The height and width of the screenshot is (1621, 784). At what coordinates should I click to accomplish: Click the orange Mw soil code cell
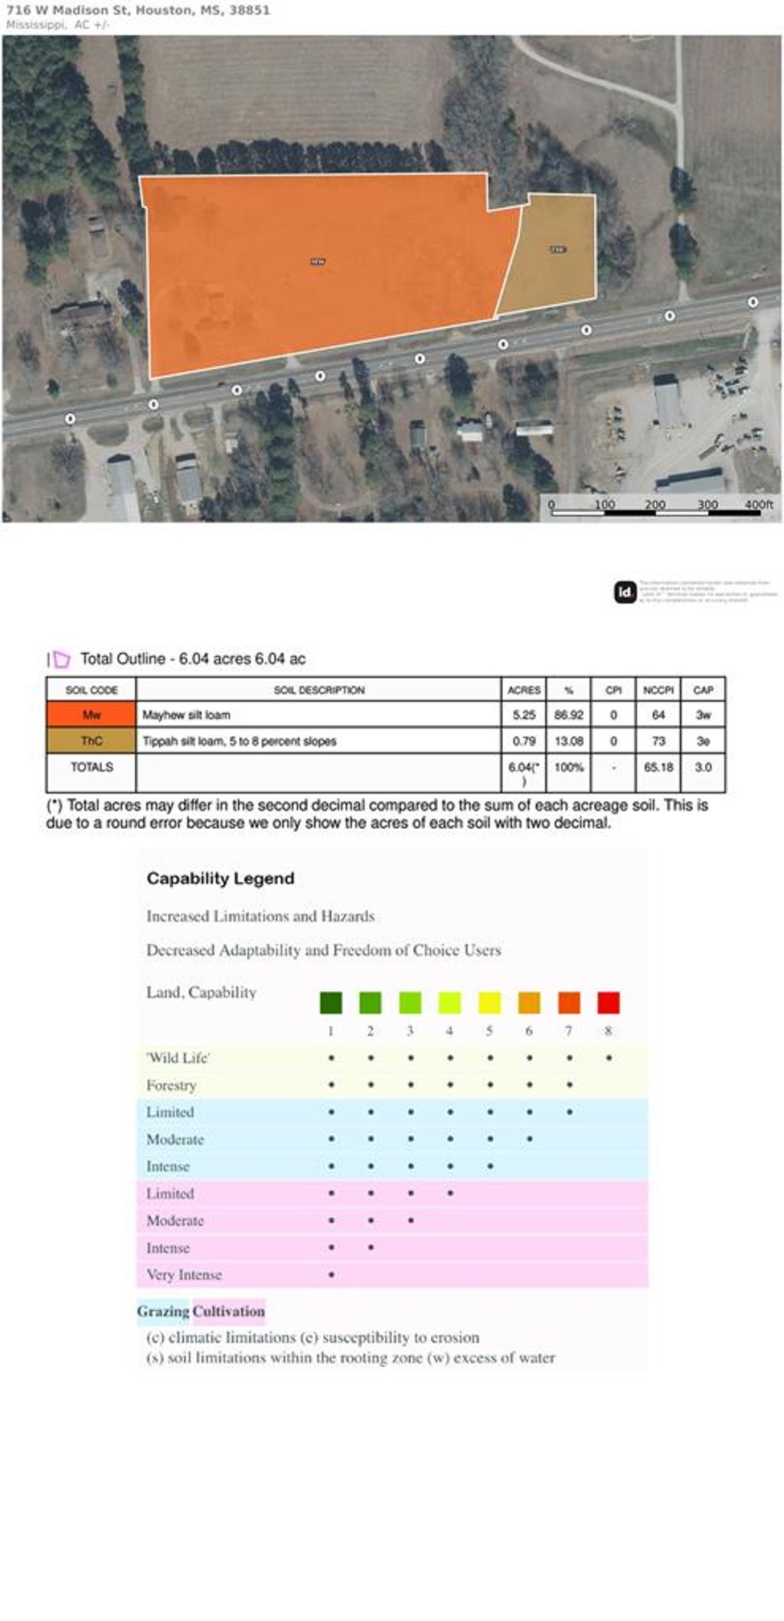click(91, 715)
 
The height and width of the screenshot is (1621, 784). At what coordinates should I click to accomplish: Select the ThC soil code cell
click(91, 741)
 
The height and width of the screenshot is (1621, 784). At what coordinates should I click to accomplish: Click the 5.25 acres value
click(524, 715)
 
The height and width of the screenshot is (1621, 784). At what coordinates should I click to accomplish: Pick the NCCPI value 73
click(658, 741)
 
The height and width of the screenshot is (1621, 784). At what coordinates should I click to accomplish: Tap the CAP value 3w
click(703, 715)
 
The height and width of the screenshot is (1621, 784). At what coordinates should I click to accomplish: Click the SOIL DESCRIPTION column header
click(318, 690)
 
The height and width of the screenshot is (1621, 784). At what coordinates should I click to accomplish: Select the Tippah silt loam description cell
click(240, 741)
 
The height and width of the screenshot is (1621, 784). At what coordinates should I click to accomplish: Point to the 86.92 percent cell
click(569, 715)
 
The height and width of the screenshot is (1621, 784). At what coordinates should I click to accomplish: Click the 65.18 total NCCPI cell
click(658, 767)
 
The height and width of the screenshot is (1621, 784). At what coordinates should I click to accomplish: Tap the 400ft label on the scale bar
click(759, 504)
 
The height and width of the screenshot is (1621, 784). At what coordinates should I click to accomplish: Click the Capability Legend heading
click(220, 878)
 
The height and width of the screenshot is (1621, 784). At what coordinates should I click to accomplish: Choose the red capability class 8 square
click(609, 1003)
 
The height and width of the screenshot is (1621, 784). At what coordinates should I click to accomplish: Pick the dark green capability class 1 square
click(331, 1003)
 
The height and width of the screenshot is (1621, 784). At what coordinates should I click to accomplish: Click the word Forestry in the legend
click(171, 1085)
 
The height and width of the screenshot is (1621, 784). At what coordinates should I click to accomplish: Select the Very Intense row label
click(184, 1274)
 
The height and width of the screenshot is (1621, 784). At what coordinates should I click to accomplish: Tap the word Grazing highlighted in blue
click(163, 1311)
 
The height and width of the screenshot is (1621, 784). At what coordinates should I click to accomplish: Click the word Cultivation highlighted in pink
click(229, 1311)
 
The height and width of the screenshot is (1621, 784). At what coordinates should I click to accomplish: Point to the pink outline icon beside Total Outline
click(61, 659)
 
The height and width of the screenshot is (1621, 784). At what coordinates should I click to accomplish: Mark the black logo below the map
click(626, 592)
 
